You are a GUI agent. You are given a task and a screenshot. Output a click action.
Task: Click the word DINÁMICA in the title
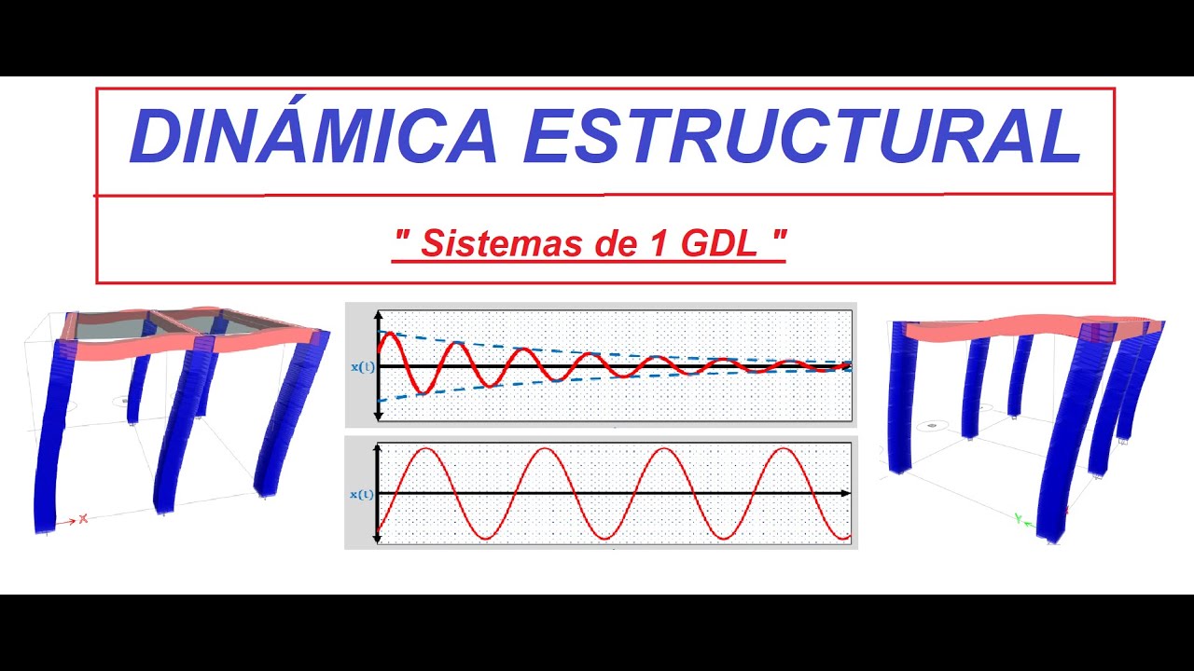point(313,137)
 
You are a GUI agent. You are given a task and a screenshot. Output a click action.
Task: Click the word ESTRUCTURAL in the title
point(802,137)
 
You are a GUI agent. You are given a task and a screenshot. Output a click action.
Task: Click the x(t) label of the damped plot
point(362,367)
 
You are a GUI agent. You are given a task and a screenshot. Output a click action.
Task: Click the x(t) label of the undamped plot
point(362,494)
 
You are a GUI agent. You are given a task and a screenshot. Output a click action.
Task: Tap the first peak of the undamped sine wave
point(425,449)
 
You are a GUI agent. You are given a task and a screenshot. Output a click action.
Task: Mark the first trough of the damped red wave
point(419,393)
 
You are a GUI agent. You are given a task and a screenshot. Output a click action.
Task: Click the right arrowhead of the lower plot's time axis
point(845,492)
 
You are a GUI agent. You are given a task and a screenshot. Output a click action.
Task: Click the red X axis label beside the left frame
point(83,518)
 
